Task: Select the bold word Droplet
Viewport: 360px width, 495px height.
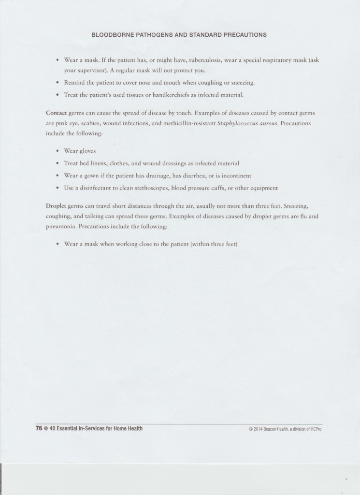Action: [x=57, y=207]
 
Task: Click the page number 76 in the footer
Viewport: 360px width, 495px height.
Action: [x=39, y=428]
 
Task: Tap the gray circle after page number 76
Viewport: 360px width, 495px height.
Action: [x=46, y=428]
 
